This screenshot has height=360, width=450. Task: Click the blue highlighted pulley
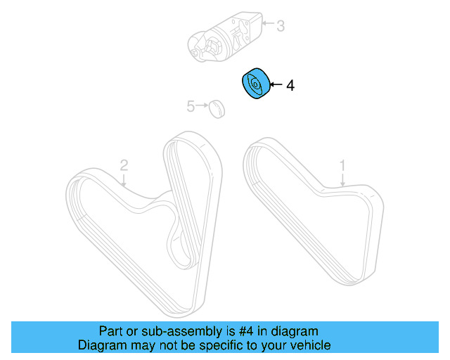pyautogui.click(x=256, y=84)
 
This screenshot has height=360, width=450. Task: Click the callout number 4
pyautogui.click(x=290, y=85)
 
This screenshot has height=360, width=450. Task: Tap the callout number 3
pyautogui.click(x=280, y=27)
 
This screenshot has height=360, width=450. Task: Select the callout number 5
pyautogui.click(x=190, y=106)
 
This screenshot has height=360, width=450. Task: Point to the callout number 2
pyautogui.click(x=124, y=166)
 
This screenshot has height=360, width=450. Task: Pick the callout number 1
pyautogui.click(x=343, y=166)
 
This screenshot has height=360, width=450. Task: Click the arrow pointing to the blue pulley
pyautogui.click(x=276, y=85)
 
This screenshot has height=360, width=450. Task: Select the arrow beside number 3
pyautogui.click(x=267, y=25)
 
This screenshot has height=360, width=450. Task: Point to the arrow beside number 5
pyautogui.click(x=202, y=106)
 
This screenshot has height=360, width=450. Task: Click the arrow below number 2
pyautogui.click(x=124, y=180)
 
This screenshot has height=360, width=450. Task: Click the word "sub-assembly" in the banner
pyautogui.click(x=160, y=331)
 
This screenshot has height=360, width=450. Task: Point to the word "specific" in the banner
pyautogui.click(x=212, y=345)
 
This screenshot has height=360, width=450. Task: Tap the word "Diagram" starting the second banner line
pyautogui.click(x=101, y=345)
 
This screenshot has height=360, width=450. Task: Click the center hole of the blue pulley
pyautogui.click(x=255, y=86)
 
